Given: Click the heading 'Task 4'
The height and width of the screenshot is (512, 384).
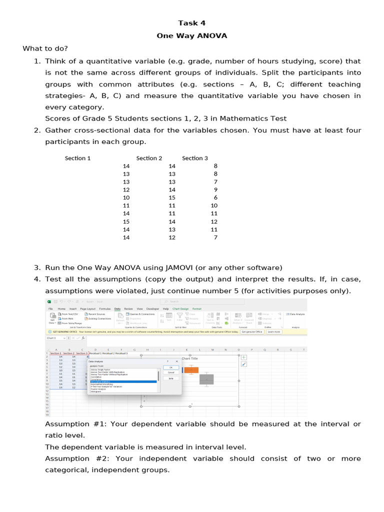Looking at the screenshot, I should pos(192,23).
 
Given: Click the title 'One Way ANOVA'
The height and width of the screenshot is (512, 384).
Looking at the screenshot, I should pos(192,36).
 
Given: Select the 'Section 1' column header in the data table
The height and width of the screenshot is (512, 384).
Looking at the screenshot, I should pos(77,158).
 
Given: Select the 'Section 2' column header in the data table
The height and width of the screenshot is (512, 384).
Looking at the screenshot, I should pos(149,158).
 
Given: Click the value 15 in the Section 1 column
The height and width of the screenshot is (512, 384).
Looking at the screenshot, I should pos(126,221).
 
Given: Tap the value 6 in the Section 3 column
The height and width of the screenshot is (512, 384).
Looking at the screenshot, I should pos(215,197).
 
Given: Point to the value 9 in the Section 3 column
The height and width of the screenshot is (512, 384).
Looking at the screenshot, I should pos(215,189).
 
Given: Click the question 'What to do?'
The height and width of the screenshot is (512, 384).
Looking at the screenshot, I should pos(45,48).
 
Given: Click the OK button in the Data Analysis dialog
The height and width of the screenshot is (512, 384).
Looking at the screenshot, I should pos(171,367).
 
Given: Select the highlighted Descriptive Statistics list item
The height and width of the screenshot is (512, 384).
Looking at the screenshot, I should pos(122,381).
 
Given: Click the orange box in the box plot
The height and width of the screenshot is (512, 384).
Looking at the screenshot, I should pos(191,370).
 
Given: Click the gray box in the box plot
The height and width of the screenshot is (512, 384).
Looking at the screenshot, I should pos(206,379).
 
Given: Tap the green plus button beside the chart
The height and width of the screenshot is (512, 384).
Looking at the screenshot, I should pos(243,357).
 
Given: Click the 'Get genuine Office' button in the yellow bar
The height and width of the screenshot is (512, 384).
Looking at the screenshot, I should pos(252,331).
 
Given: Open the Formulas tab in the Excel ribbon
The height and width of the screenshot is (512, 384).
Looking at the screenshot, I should pos(104,309).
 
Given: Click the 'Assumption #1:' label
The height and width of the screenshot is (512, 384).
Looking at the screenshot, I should pos(76,424).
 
